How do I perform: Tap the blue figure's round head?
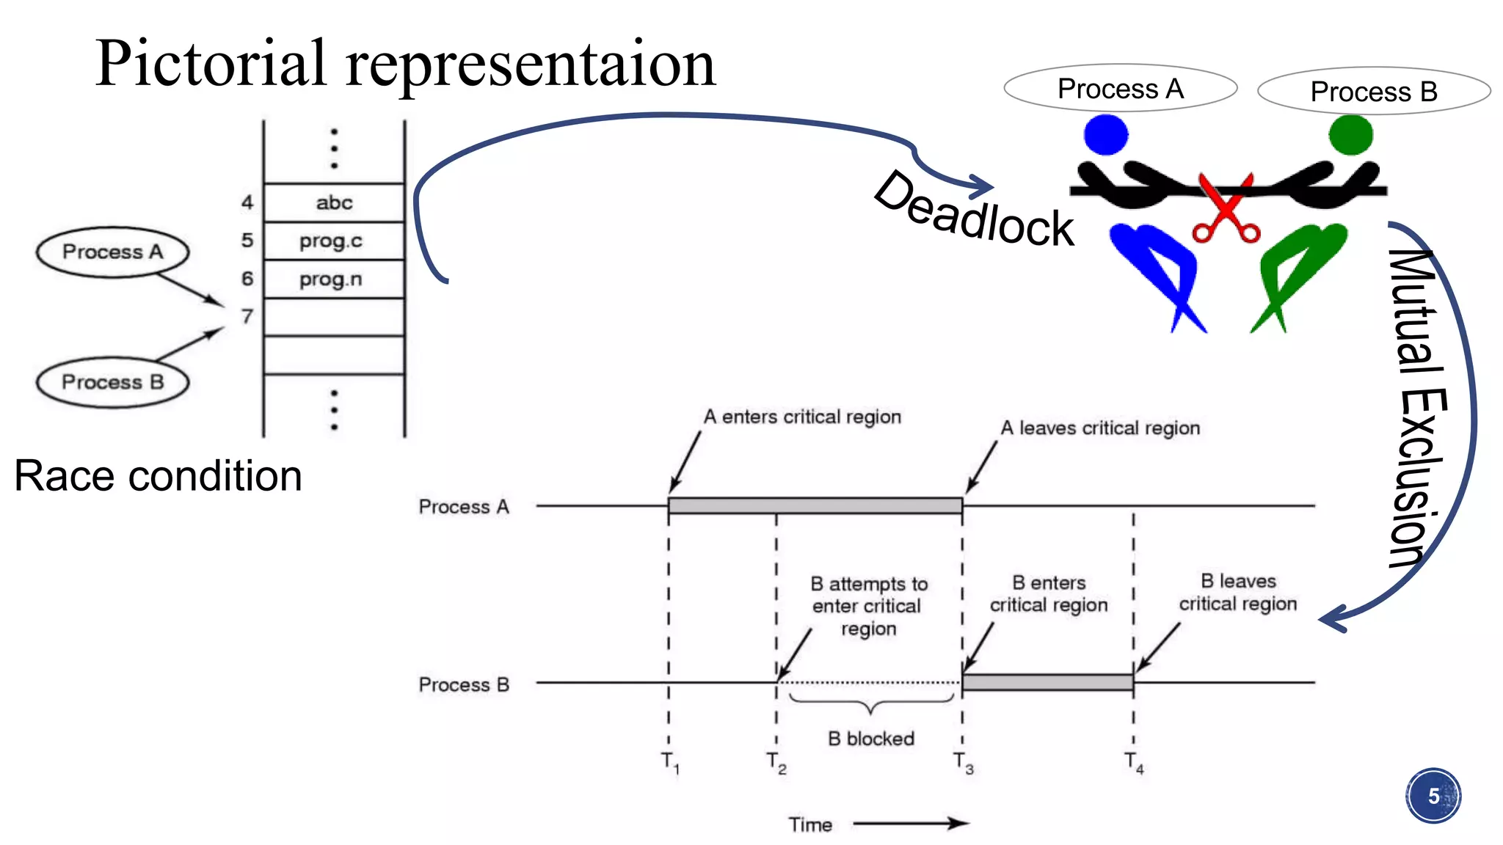pos(1106,134)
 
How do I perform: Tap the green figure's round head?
pos(1350,134)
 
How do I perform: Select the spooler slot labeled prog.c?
pos(334,241)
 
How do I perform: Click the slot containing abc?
pos(334,202)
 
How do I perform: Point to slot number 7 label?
pos(247,317)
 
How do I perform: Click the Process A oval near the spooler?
pos(112,252)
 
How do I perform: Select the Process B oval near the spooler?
pos(112,382)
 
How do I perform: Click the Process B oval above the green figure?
pos(1373,92)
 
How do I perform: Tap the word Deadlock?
pos(975,211)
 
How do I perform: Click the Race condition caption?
pos(158,476)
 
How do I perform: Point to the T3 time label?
pos(964,763)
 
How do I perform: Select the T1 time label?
pos(670,763)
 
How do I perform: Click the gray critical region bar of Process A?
pos(815,505)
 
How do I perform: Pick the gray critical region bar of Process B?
pos(1047,683)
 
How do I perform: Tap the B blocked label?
pos(871,739)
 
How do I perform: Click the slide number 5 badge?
pos(1433,796)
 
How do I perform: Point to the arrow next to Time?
pos(910,824)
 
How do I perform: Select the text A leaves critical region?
pos(1100,428)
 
